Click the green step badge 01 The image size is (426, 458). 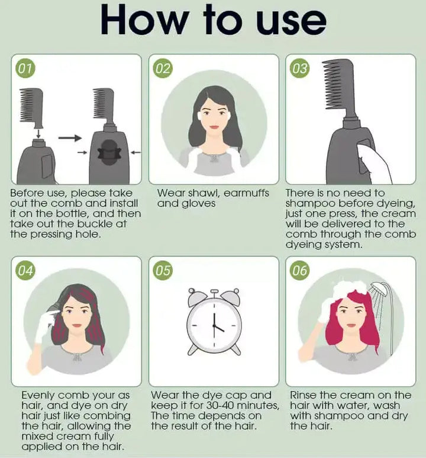pyautogui.click(x=25, y=69)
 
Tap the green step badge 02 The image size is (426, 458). pyautogui.click(x=163, y=69)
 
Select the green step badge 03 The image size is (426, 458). pyautogui.click(x=299, y=69)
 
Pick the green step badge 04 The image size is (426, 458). pyautogui.click(x=25, y=271)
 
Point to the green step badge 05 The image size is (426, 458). pyautogui.click(x=163, y=271)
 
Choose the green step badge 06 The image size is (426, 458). pyautogui.click(x=299, y=271)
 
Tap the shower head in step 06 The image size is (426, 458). pyautogui.click(x=379, y=289)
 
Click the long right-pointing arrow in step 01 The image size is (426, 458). pyautogui.click(x=70, y=137)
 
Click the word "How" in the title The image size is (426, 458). pyautogui.click(x=144, y=21)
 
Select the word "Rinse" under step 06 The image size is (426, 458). pyautogui.click(x=304, y=395)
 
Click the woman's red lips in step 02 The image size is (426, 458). pyautogui.click(x=214, y=127)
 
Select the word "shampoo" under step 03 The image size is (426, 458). pyautogui.click(x=310, y=204)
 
